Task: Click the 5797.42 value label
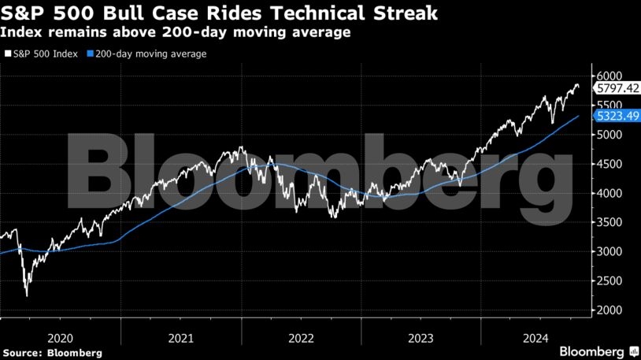pos(617,88)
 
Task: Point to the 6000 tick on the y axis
pos(610,76)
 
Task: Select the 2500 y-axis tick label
pos(610,280)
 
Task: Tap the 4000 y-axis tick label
pos(610,193)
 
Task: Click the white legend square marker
pos(6,54)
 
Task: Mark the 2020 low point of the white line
pos(27,296)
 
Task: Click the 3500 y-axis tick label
pos(610,222)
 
